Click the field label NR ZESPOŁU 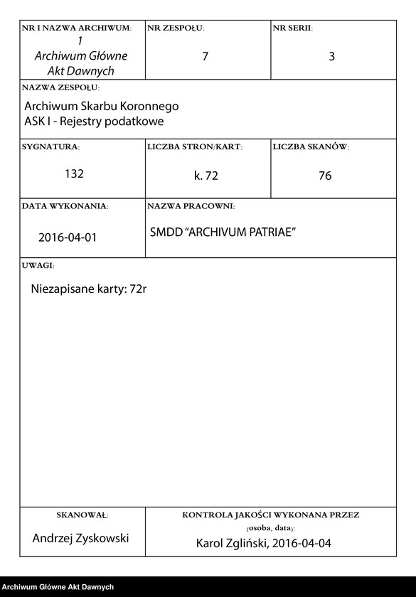point(176,28)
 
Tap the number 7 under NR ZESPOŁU point(205,56)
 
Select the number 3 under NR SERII point(331,56)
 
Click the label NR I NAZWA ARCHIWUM point(77,28)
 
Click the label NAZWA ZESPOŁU point(60,88)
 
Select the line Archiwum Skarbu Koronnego point(102,106)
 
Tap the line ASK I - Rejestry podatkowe point(94,121)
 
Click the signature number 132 point(75,173)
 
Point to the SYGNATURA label point(50,147)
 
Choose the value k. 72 point(206,176)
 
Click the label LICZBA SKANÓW point(311,147)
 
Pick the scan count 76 point(325,176)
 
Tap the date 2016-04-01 point(68,237)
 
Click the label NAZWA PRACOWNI point(191,206)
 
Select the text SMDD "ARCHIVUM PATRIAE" point(223,233)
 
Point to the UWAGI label point(38,265)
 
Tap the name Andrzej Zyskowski point(81,538)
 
